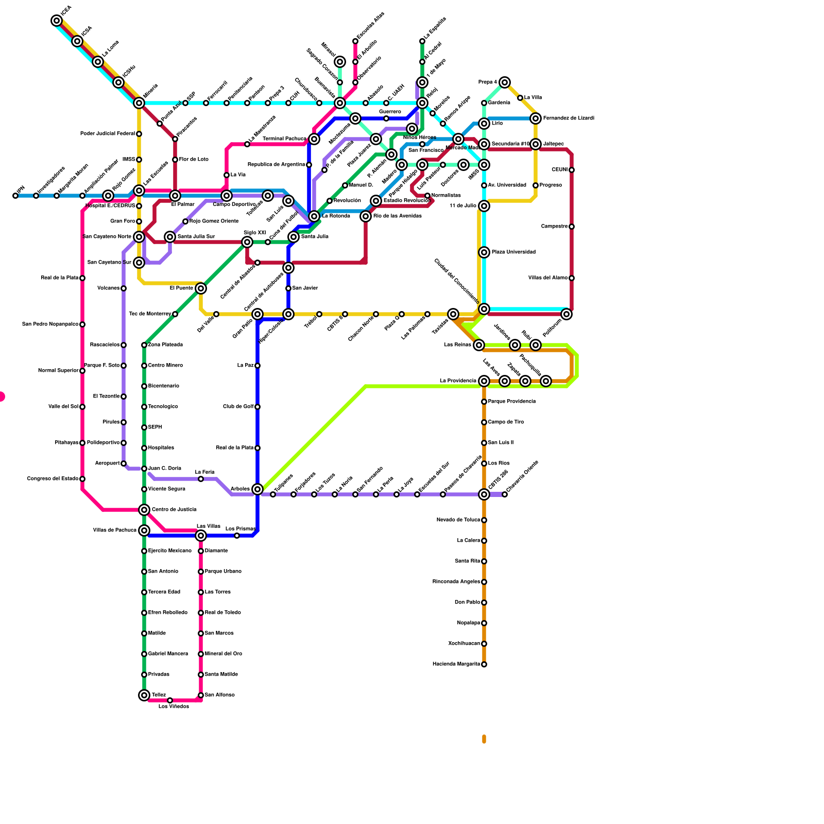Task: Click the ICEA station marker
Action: coord(57,21)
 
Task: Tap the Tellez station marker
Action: coord(144,695)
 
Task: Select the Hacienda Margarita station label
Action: coord(456,664)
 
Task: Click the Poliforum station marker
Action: coord(566,314)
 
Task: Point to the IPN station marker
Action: coord(15,196)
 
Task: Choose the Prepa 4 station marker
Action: coord(505,82)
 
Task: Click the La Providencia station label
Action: coord(458,381)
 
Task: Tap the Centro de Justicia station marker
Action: coord(144,510)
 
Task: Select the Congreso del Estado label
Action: coord(53,479)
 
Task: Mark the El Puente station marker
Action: coord(201,288)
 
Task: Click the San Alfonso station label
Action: coord(220,695)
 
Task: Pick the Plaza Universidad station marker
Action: coord(484,252)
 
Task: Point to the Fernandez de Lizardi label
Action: coord(569,118)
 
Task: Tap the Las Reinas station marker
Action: coord(479,345)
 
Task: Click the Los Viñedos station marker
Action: coord(170,700)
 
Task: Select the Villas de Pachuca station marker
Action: coord(144,530)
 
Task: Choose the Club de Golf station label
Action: coord(238,407)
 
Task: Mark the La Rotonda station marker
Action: coord(314,216)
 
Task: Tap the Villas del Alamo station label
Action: coord(548,278)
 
